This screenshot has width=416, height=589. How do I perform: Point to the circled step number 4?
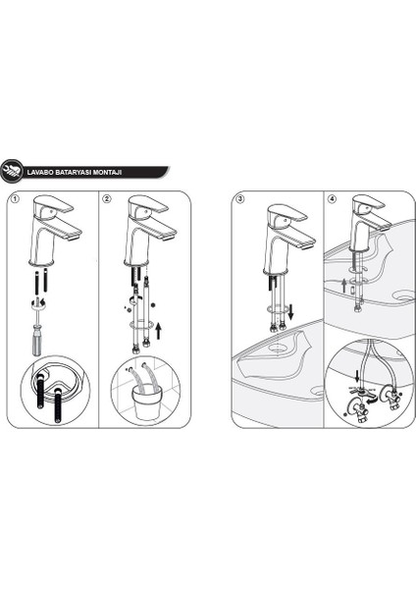tap(333, 199)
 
